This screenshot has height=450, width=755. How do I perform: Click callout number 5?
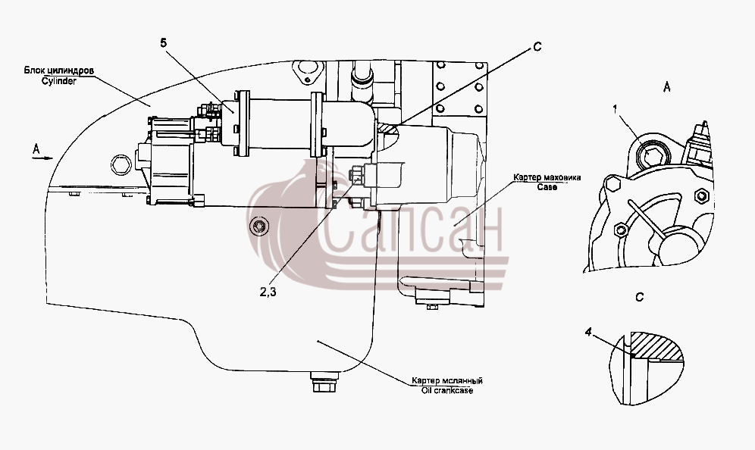point(164,43)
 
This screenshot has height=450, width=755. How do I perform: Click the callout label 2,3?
point(268,292)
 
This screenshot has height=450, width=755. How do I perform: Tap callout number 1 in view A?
point(615,109)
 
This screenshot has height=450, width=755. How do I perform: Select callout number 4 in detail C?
point(588,332)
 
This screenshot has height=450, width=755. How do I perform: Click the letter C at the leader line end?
point(537,47)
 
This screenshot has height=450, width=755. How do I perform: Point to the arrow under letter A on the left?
point(42,158)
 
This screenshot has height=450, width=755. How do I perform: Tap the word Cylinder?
point(58,81)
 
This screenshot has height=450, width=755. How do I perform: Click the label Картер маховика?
point(547,177)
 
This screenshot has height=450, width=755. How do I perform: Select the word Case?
point(547,186)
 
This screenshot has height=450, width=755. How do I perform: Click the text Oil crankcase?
point(447,390)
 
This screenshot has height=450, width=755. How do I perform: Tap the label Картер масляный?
point(446,381)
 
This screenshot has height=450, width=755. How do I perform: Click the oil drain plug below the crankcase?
point(324,382)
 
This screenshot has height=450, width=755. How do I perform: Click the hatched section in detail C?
point(657,346)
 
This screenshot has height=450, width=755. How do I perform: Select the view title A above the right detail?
point(667,87)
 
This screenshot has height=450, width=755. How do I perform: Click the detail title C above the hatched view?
point(640,298)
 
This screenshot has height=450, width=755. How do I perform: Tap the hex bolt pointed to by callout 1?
point(653,156)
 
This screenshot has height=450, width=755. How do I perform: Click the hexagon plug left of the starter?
point(121,165)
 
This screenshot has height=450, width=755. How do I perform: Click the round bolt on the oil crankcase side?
point(260,226)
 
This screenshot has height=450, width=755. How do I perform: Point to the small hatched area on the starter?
point(387,129)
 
